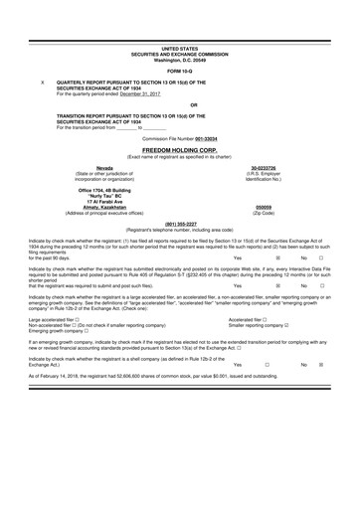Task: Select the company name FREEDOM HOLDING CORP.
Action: (180, 151)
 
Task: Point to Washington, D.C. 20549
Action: (180, 57)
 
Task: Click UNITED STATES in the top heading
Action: (180, 47)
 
